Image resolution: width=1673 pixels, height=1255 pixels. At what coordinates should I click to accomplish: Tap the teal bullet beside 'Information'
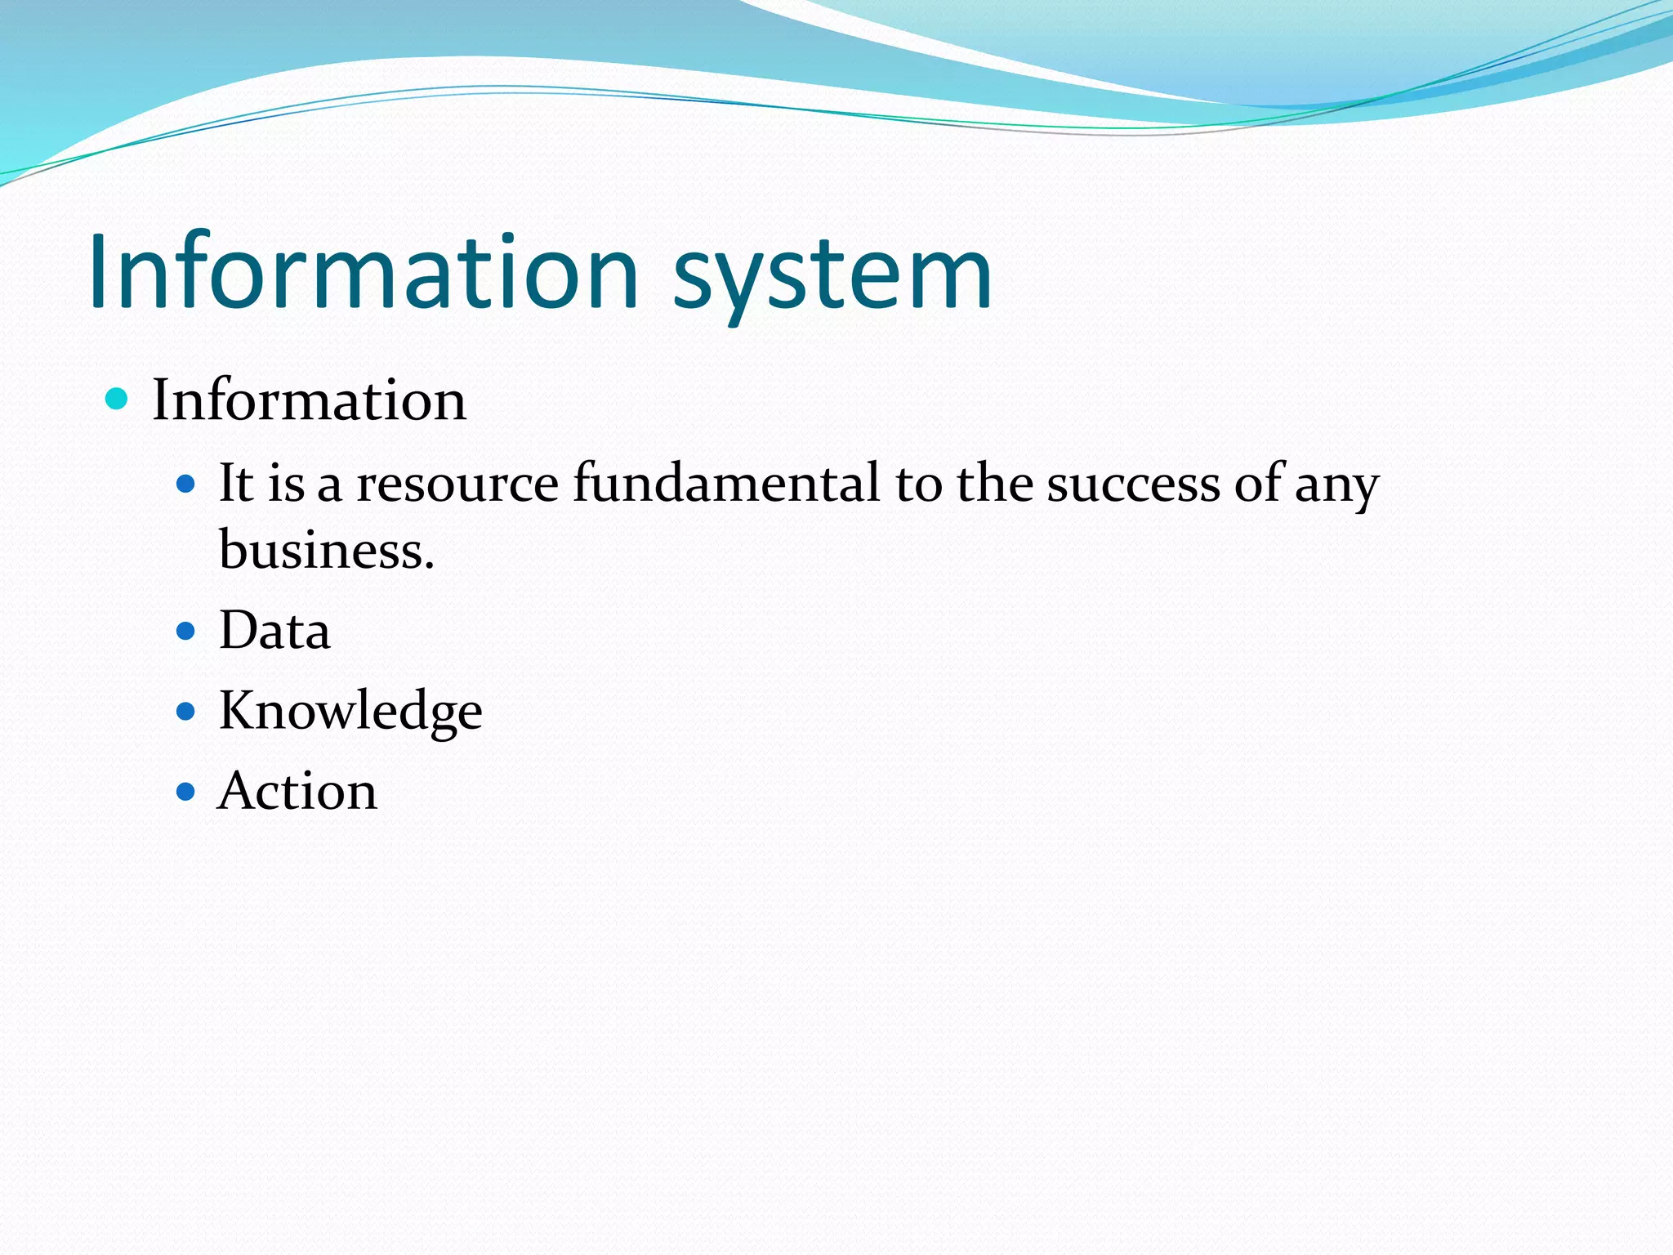(x=118, y=399)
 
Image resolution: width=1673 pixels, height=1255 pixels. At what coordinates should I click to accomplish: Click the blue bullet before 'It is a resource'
(x=186, y=485)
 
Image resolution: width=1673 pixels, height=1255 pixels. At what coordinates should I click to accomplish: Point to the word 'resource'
(x=457, y=484)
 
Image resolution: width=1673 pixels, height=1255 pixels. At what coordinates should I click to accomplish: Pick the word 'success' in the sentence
(x=1133, y=484)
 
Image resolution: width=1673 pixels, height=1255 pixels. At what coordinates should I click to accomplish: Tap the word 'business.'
(x=326, y=549)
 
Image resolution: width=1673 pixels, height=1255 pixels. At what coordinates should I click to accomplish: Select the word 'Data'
(x=274, y=631)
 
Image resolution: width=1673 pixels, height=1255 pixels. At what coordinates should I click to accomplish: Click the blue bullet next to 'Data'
(x=186, y=631)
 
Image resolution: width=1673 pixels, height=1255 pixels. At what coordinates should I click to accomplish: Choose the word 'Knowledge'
(x=350, y=711)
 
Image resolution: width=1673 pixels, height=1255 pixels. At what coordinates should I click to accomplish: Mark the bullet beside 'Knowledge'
(x=186, y=711)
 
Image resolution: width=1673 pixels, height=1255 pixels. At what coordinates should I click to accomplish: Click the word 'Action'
(x=297, y=791)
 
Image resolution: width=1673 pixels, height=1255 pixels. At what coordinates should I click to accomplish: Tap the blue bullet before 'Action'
(x=186, y=791)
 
